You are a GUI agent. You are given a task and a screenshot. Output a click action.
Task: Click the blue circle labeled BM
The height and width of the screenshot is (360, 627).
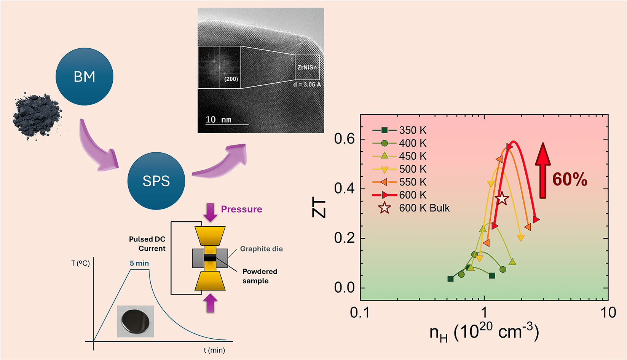[84, 77]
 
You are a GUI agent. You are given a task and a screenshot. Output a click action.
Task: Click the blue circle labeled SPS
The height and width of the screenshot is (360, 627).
[156, 181]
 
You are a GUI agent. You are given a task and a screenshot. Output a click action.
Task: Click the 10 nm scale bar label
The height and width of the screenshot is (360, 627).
[219, 120]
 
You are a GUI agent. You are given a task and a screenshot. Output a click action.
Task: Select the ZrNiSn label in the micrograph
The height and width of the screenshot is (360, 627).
[307, 67]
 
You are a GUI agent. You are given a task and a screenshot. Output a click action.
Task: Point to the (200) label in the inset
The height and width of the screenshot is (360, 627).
[231, 79]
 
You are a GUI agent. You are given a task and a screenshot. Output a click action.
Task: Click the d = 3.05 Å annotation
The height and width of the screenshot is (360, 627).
[307, 84]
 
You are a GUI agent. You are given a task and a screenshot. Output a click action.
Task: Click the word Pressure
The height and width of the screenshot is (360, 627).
[242, 209]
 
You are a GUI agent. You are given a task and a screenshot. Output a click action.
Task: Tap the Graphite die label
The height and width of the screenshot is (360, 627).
[262, 249]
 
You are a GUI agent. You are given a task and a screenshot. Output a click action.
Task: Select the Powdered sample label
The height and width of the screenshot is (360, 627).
[260, 276]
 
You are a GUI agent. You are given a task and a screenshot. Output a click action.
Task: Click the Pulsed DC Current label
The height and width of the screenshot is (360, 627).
[147, 244]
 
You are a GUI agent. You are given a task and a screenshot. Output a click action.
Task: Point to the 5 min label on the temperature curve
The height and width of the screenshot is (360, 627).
[139, 263]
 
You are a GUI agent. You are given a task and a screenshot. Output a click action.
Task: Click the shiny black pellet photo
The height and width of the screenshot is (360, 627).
[136, 322]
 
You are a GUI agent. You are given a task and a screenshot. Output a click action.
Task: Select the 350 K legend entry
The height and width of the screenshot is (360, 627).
[399, 130]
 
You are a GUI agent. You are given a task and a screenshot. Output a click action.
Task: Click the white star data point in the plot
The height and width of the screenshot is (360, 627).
[502, 198]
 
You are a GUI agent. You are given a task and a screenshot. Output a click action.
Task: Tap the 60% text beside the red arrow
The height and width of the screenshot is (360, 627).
[570, 179]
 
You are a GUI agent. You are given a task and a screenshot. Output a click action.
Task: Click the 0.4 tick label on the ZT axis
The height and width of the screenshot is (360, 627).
[345, 189]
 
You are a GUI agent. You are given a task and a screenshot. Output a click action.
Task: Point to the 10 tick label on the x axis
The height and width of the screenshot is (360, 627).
[608, 312]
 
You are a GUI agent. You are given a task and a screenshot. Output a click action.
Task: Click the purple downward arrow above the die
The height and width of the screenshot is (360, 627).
[210, 212]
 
